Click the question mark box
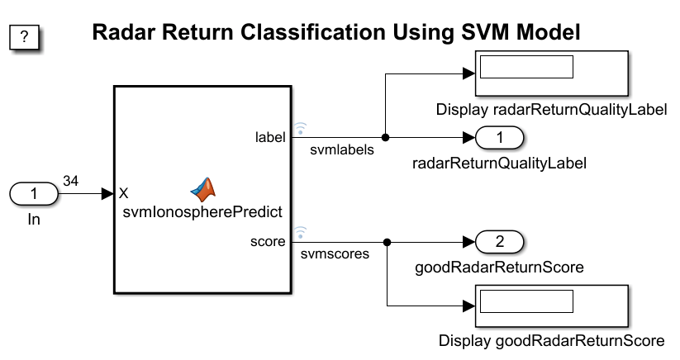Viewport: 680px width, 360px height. coord(24,37)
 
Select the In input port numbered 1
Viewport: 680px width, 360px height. coord(34,194)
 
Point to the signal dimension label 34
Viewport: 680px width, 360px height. coord(71,181)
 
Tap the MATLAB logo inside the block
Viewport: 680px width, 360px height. coord(203,190)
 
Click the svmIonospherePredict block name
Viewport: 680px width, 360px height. coord(202,212)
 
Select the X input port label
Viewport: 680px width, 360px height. coord(124,193)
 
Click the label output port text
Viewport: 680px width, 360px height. coord(270,137)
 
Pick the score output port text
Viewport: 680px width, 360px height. coord(268,241)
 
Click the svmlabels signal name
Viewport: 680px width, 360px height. coord(342,150)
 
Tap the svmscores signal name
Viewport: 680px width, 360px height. coord(335,253)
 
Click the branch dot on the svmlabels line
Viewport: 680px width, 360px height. coord(385,138)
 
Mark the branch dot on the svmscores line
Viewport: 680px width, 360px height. coord(387,242)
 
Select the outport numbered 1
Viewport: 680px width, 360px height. coord(500,138)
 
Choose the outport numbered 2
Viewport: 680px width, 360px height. coord(500,242)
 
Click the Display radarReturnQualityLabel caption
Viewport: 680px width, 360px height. coord(552,110)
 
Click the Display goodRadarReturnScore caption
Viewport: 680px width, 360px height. coord(552,340)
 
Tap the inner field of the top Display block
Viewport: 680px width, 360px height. coord(527,67)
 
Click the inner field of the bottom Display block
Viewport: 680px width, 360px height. coord(527,301)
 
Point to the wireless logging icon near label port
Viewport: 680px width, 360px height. coord(300,128)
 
